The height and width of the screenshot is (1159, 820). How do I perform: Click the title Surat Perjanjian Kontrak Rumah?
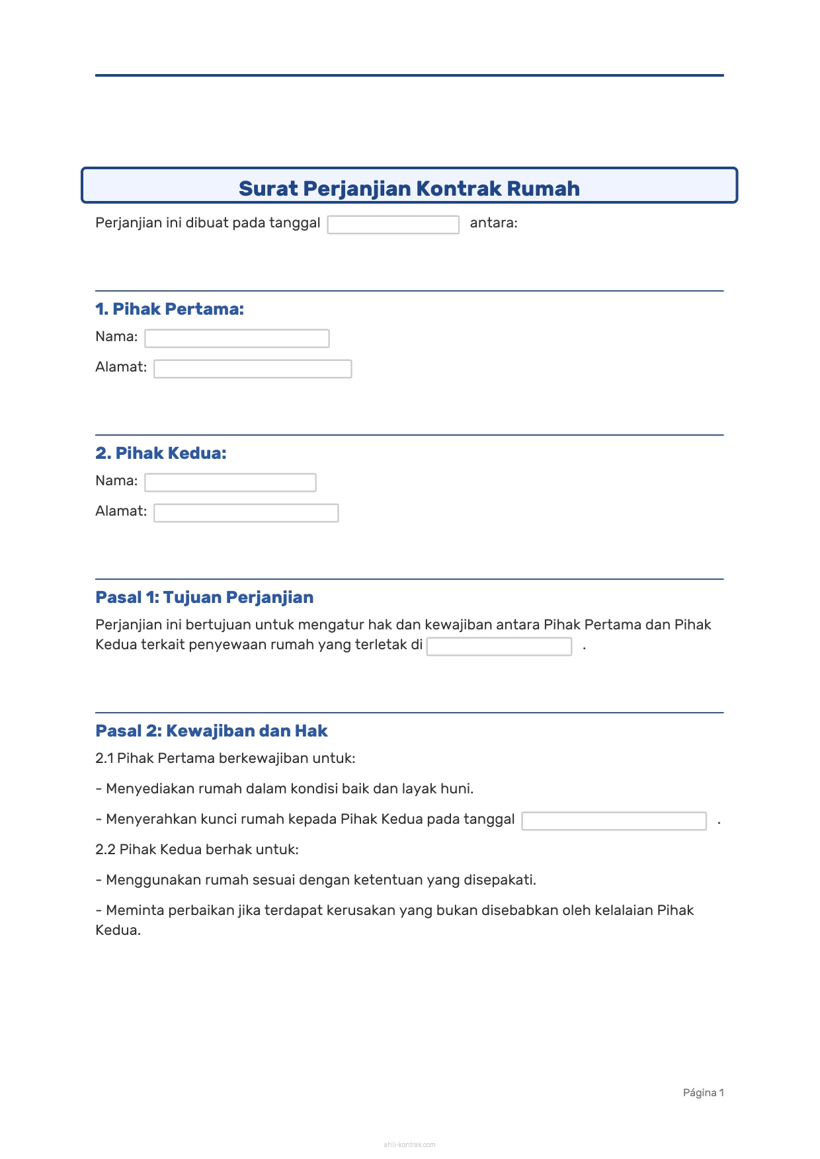[x=409, y=188]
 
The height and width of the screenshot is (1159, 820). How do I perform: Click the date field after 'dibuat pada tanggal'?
[x=393, y=225]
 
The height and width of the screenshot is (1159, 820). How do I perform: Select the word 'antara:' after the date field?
[x=493, y=223]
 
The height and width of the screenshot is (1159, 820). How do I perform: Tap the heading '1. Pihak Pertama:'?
[x=169, y=309]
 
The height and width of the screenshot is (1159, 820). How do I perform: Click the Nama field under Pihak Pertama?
[x=237, y=339]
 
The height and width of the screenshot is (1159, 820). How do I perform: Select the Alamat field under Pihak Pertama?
[x=253, y=369]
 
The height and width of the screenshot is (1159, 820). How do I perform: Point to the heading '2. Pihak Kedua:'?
[x=161, y=453]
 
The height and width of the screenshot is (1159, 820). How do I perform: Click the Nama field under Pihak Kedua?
[x=230, y=483]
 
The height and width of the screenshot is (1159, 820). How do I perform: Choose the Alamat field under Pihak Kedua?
[x=246, y=513]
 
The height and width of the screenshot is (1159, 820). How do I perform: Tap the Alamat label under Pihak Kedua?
[x=121, y=511]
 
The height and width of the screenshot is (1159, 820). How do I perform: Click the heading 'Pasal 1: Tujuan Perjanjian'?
[x=204, y=597]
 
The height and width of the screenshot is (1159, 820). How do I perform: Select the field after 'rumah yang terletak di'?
[x=499, y=647]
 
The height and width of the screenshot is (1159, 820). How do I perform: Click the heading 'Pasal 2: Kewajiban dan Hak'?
[x=212, y=731]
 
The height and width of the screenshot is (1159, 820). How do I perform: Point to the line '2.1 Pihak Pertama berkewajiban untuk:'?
[x=225, y=758]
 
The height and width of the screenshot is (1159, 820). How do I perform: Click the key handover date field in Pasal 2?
[x=614, y=821]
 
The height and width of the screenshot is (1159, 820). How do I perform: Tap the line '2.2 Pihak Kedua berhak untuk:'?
[x=197, y=850]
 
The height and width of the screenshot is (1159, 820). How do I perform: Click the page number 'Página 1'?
[x=703, y=1093]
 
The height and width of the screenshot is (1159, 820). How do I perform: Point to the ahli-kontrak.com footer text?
[x=409, y=1144]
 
